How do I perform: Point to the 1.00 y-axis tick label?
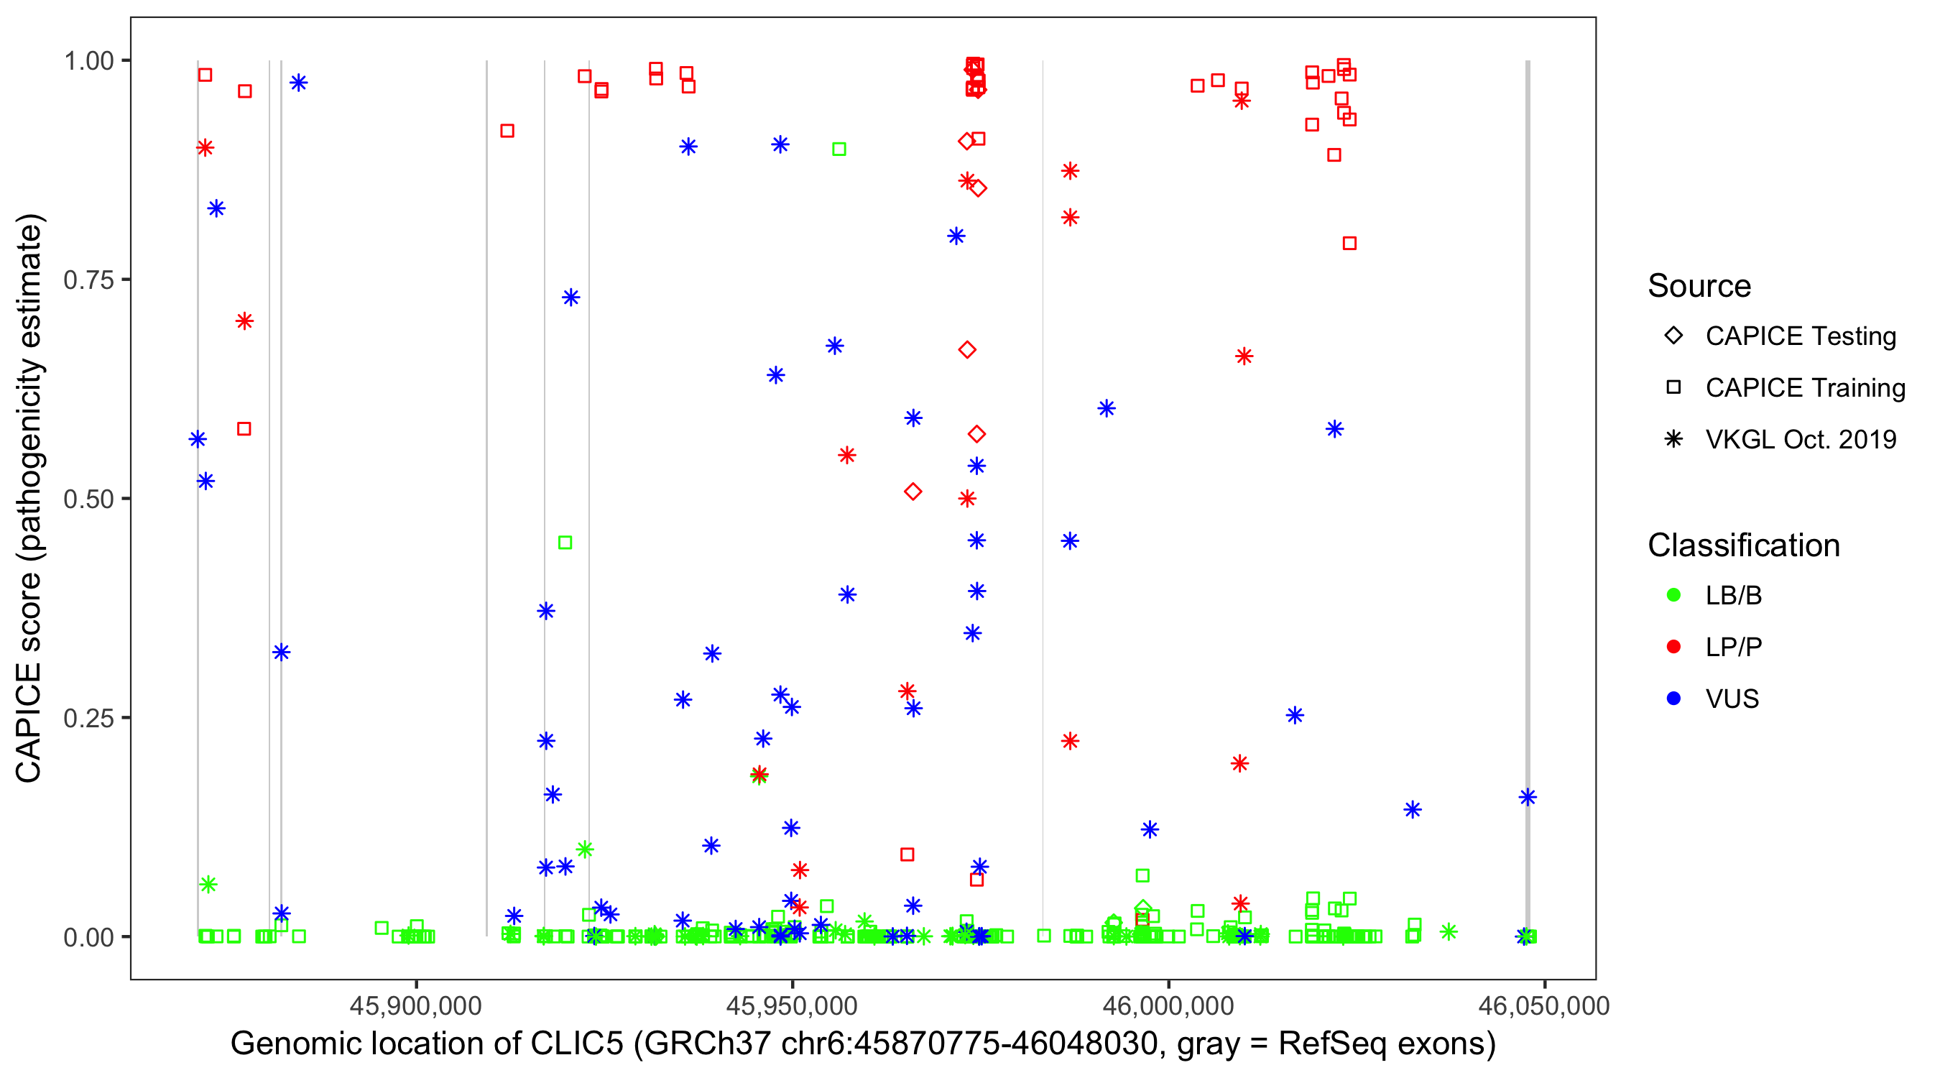88,61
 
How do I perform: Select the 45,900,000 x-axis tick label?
416,1005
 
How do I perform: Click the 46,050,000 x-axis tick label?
1544,1005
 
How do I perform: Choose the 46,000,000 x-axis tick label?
1168,1005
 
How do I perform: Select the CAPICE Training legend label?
1805,388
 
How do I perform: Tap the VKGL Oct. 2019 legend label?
1801,440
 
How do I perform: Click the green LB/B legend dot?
1673,596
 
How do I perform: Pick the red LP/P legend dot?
1673,647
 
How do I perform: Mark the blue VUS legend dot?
1673,699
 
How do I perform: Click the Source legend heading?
1699,286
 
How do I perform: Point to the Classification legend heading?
1743,545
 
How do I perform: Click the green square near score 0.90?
839,150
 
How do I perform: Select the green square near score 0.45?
565,543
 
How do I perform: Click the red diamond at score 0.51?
913,492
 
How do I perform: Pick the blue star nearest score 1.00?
299,83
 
